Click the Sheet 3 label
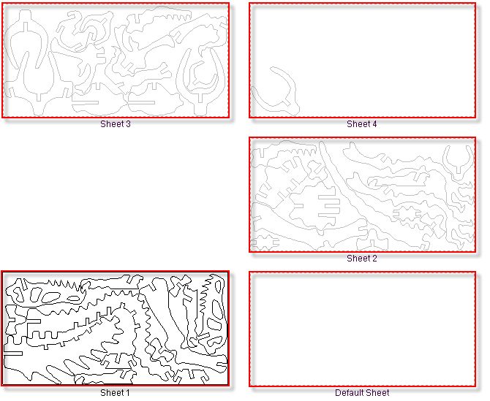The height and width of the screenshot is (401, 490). (x=116, y=124)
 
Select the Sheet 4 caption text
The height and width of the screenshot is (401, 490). (x=362, y=124)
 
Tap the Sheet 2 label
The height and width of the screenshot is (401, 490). (x=362, y=259)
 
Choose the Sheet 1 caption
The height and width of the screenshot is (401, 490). (x=115, y=392)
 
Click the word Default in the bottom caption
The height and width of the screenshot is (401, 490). (x=347, y=392)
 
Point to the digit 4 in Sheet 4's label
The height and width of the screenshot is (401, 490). (x=374, y=124)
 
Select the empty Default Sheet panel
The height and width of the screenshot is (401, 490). (x=362, y=329)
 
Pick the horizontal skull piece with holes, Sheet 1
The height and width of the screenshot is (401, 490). (x=47, y=295)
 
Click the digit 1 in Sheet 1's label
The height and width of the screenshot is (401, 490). (x=127, y=392)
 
